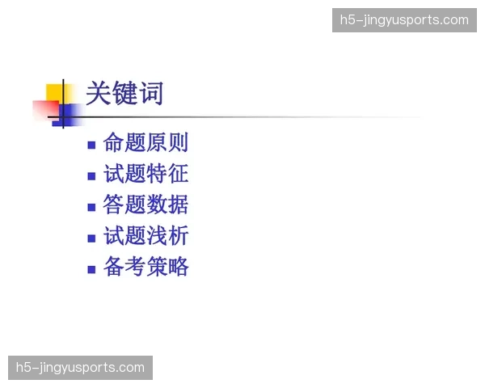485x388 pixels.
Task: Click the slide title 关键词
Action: (x=124, y=94)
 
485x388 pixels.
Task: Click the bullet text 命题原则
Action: (x=146, y=143)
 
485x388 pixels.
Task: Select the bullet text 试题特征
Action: (x=146, y=174)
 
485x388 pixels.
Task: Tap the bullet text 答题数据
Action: (x=146, y=205)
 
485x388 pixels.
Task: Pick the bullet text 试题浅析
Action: (x=146, y=236)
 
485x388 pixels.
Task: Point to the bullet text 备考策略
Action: (x=146, y=267)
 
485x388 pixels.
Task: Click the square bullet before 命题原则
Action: (x=91, y=145)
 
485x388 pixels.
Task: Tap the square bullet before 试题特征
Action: (x=91, y=176)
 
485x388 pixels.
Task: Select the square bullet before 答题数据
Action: (x=91, y=207)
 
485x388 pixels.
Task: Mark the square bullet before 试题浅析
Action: (x=91, y=238)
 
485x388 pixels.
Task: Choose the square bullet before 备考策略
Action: (x=91, y=269)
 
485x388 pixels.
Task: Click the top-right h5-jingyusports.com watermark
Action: (x=403, y=20)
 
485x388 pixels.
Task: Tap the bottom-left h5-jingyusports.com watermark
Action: (x=80, y=368)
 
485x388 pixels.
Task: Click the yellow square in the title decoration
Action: (x=55, y=92)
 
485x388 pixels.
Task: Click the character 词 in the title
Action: (x=150, y=94)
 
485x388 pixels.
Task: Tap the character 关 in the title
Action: (x=98, y=94)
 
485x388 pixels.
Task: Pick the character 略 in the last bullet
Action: (x=178, y=267)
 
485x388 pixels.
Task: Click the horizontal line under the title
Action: (x=242, y=118)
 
